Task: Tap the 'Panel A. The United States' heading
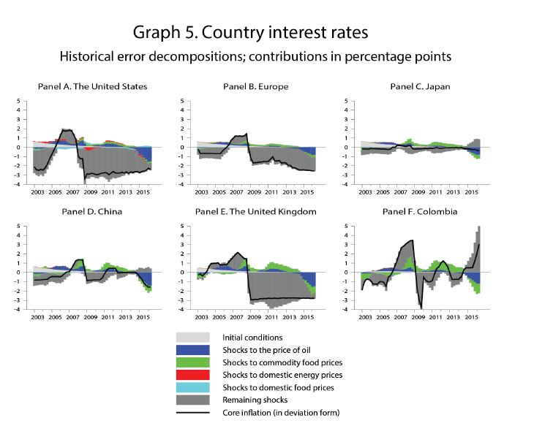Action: pos(92,86)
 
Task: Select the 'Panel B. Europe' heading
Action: pos(255,86)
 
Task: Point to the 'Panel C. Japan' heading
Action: pos(420,86)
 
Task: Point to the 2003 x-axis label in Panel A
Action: pos(39,192)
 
